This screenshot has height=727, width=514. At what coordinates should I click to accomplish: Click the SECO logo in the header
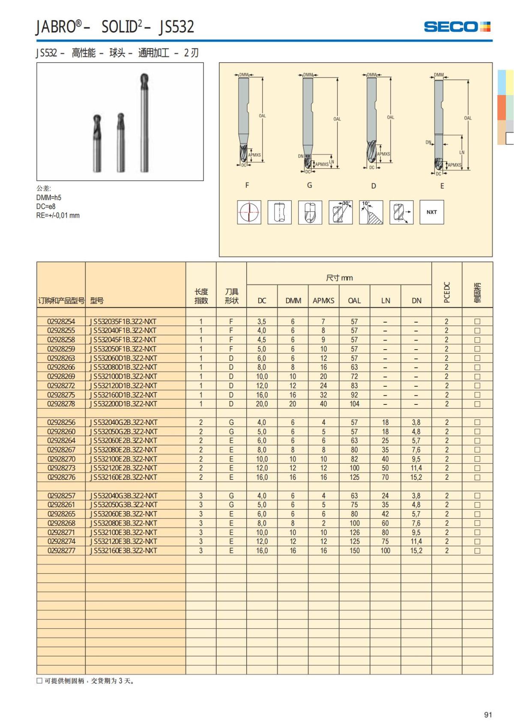tap(457, 27)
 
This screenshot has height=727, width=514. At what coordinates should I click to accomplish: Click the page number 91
tap(488, 715)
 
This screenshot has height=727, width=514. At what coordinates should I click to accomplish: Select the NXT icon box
tap(431, 212)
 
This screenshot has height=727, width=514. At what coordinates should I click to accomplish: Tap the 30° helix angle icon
tap(341, 212)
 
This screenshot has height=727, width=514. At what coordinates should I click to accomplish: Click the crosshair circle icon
tap(249, 212)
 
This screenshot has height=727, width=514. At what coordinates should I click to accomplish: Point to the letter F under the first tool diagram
tap(247, 185)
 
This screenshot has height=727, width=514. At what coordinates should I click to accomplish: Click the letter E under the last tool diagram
tap(442, 186)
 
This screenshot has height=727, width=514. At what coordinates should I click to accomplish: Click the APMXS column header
tap(323, 301)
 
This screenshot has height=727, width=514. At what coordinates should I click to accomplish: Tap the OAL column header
tap(354, 301)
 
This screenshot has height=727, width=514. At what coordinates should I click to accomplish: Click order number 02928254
tap(61, 321)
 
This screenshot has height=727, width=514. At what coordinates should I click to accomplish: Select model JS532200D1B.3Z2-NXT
tap(123, 404)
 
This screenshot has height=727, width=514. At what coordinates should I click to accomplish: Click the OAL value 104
tap(354, 404)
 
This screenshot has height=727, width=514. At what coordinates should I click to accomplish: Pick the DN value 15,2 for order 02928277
tap(416, 550)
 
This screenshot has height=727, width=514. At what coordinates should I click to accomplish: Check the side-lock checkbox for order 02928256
tap(477, 422)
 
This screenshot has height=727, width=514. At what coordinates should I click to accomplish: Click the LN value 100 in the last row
tap(385, 550)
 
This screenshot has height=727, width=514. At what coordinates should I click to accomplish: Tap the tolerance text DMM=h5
tap(49, 197)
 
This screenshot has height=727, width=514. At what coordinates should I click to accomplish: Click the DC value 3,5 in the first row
tap(262, 321)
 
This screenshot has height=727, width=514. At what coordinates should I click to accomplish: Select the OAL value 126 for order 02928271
tap(354, 533)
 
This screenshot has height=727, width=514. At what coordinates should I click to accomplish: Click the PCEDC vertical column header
tap(446, 292)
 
